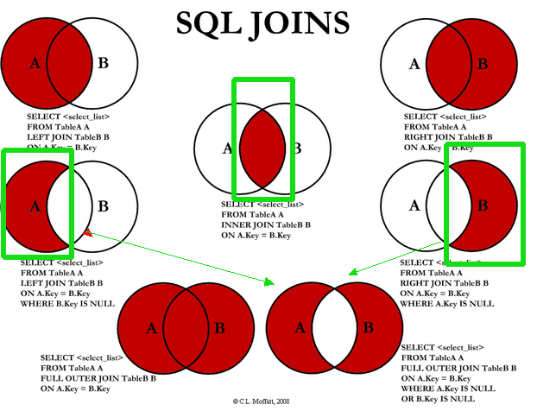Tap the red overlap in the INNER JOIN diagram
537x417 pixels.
(x=262, y=147)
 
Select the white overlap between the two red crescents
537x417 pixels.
(x=335, y=328)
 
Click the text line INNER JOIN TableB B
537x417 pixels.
(x=266, y=224)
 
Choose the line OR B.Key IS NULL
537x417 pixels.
(x=439, y=400)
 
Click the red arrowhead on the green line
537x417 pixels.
(x=88, y=231)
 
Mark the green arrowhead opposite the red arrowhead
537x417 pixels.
(x=269, y=281)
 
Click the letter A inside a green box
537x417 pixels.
(x=35, y=205)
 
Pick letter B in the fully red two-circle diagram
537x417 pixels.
(x=219, y=328)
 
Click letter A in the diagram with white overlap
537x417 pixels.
(x=300, y=328)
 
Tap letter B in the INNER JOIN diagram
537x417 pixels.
(x=296, y=148)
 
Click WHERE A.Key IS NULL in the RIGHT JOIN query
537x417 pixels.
(x=447, y=304)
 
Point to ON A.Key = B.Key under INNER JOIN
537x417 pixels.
(x=256, y=235)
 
